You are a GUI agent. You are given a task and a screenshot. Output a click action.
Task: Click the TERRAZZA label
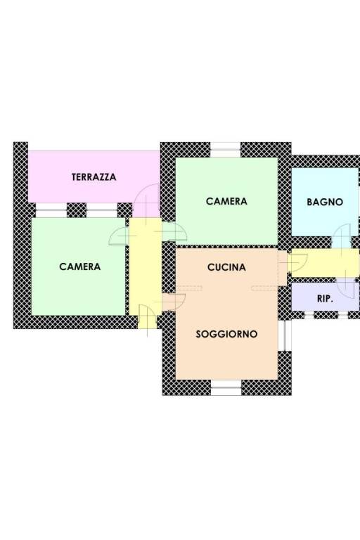[94, 177]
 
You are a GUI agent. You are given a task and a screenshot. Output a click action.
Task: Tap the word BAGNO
[325, 202]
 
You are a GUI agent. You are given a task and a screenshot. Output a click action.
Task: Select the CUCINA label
[226, 267]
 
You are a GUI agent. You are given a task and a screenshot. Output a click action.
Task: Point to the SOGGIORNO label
[226, 334]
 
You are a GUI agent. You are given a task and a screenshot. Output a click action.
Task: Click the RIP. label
[325, 299]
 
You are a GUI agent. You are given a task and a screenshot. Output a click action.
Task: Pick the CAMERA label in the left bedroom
[80, 266]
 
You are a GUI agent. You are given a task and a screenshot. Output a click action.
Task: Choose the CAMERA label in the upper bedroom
[226, 201]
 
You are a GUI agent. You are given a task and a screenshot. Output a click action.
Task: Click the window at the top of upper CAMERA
[225, 150]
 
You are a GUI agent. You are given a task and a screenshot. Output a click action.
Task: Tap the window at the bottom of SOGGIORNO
[226, 387]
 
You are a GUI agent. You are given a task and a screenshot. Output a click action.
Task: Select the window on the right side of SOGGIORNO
[285, 336]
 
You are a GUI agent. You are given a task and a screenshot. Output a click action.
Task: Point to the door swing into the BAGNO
[343, 236]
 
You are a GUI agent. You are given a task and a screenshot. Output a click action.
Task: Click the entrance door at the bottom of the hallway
[148, 317]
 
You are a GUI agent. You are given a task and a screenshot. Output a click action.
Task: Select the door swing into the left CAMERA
[120, 236]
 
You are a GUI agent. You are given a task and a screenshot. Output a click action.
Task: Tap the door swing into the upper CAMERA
[174, 231]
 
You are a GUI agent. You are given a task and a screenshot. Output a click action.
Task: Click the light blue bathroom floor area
[325, 202]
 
